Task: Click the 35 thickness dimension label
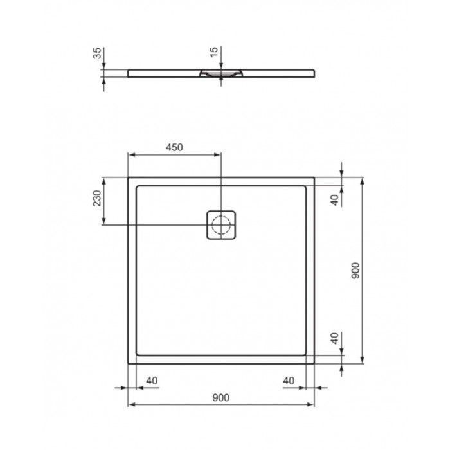click(97, 53)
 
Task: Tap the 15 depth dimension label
click(214, 51)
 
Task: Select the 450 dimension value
click(174, 147)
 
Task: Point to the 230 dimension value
click(97, 198)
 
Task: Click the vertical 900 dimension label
click(355, 271)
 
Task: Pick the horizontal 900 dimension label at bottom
click(221, 397)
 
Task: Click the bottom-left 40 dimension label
click(152, 381)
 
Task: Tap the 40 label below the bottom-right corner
click(289, 381)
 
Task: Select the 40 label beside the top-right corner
click(335, 200)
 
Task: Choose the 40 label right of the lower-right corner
click(335, 338)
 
